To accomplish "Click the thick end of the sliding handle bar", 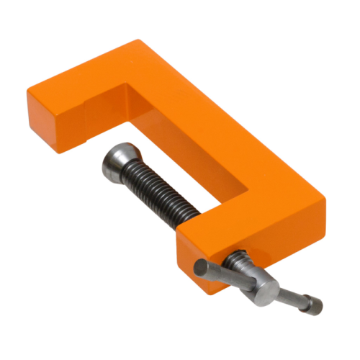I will click(204, 268).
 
